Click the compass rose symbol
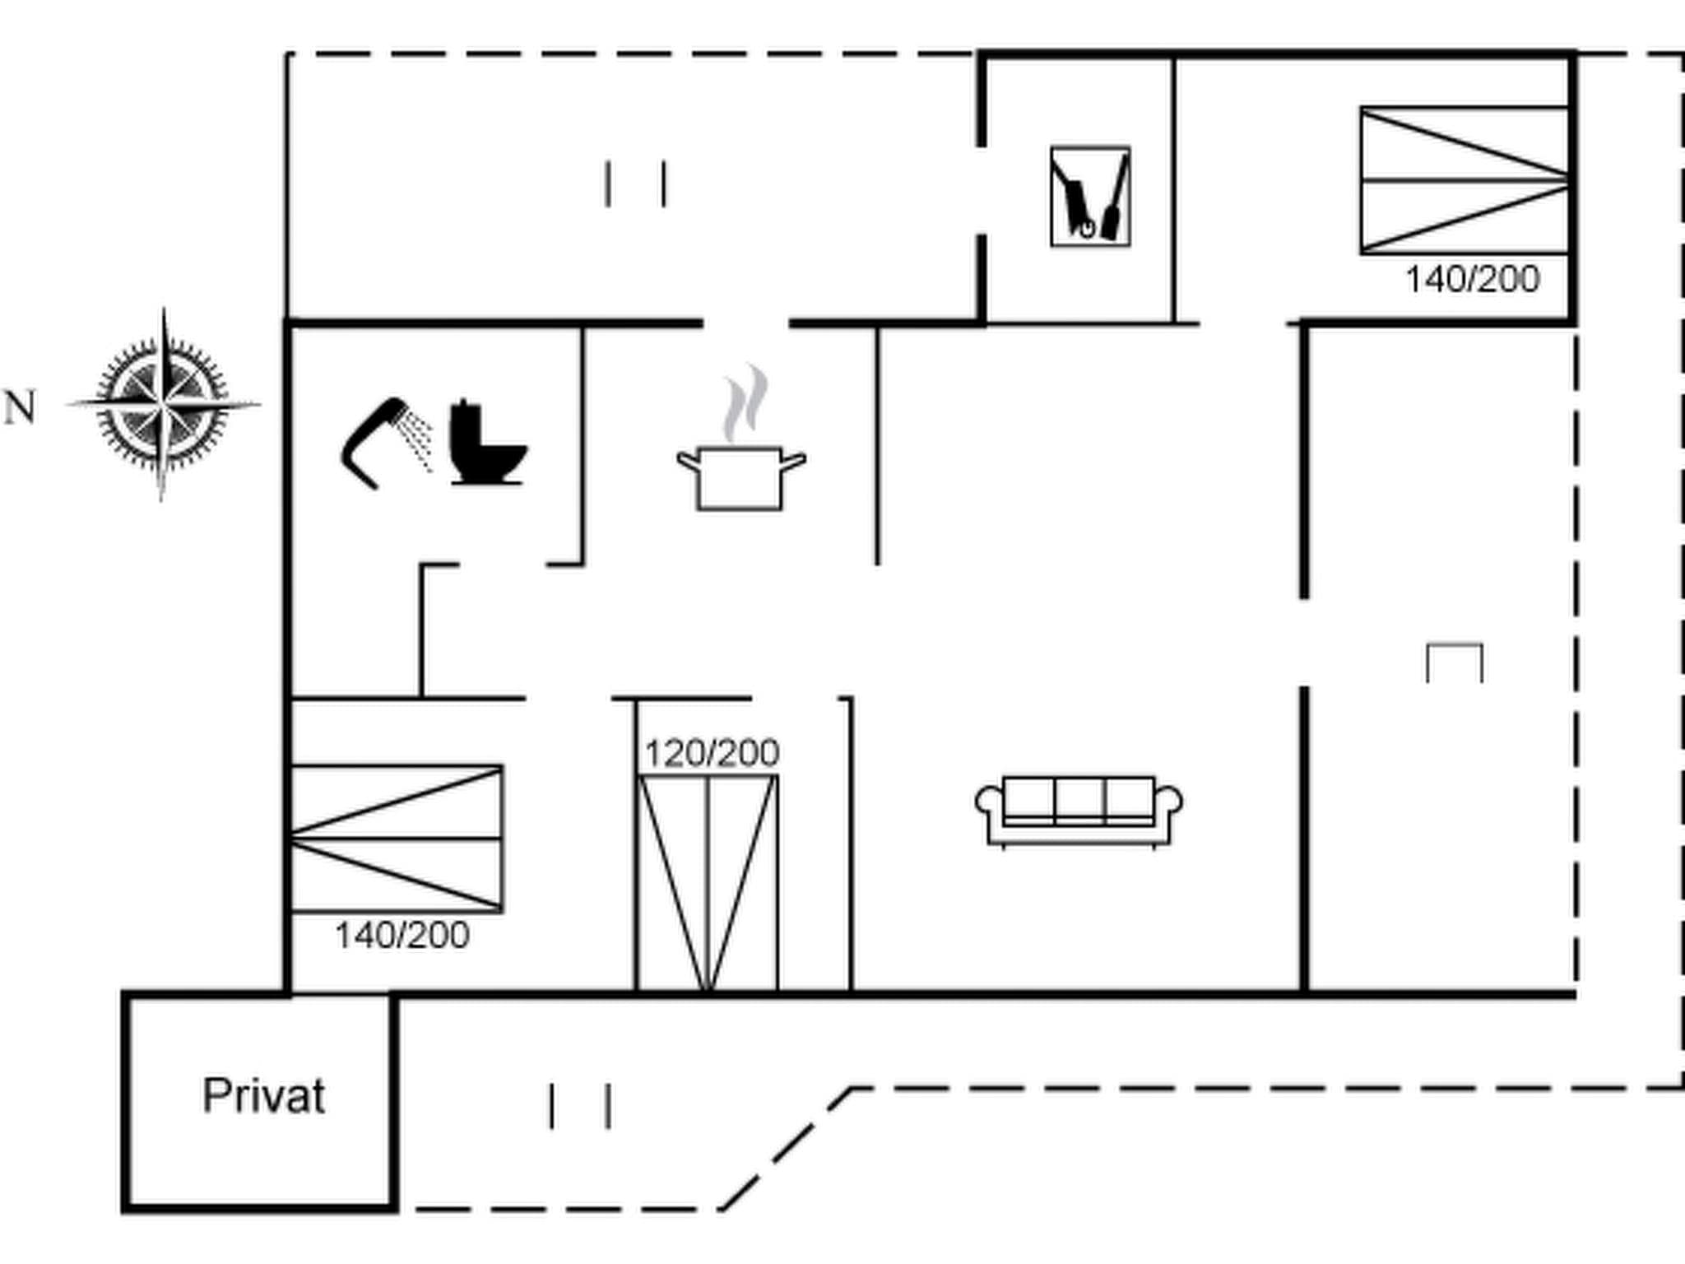[x=163, y=404]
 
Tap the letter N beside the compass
[x=21, y=407]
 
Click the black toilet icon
[x=486, y=444]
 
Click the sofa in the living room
[x=1079, y=811]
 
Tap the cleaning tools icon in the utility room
[x=1090, y=197]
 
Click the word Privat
[x=263, y=1096]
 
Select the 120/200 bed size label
[x=712, y=753]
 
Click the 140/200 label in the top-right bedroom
[x=1472, y=280]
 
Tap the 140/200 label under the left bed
[x=402, y=935]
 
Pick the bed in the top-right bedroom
[x=1464, y=180]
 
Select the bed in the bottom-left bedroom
[x=397, y=839]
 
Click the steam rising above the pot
[x=745, y=403]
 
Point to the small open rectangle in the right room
[x=1454, y=663]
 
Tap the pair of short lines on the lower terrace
[x=579, y=1106]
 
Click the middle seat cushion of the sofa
[x=1079, y=798]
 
